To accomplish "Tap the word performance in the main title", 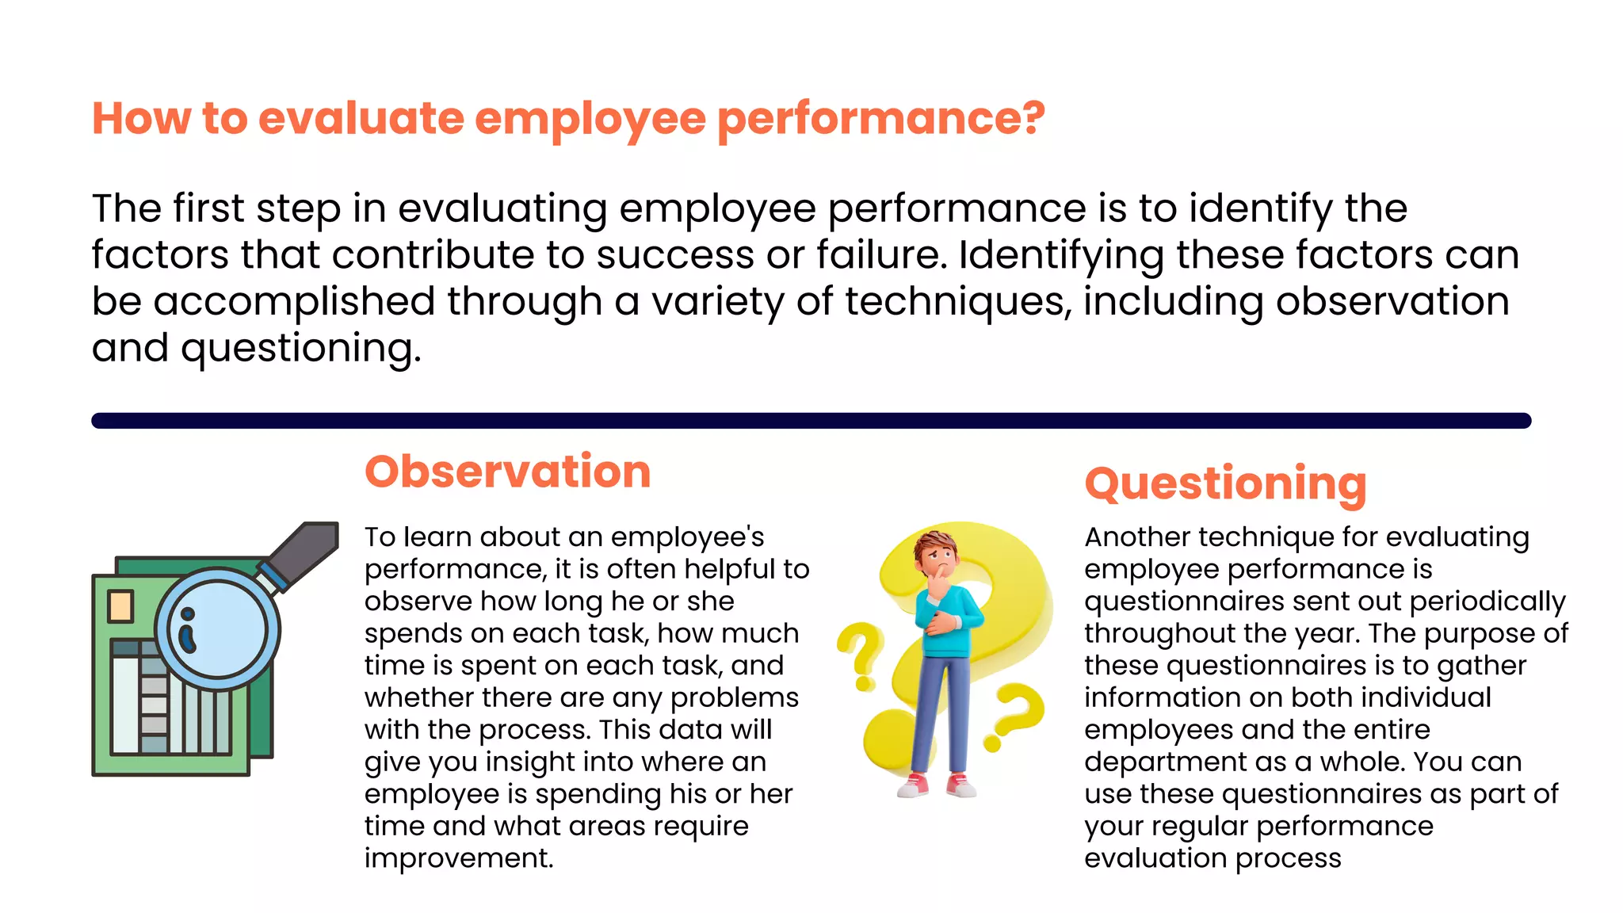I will (x=880, y=119).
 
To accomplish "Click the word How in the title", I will (x=141, y=119).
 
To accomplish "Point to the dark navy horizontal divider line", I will (x=811, y=421).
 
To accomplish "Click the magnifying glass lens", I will (x=217, y=630).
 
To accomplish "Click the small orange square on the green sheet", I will (x=120, y=606).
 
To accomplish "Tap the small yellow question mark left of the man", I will (x=863, y=654).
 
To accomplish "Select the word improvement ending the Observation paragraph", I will (x=458, y=858).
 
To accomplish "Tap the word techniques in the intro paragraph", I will (x=957, y=302).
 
